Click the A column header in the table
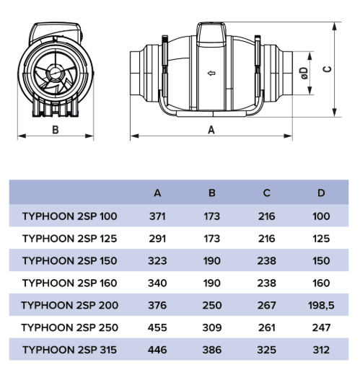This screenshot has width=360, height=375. click(x=157, y=193)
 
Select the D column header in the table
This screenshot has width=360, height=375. click(x=321, y=193)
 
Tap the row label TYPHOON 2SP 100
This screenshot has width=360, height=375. click(x=70, y=216)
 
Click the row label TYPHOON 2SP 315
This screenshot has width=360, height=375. click(x=70, y=350)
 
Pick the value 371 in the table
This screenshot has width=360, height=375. click(x=157, y=216)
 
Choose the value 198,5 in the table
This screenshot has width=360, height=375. click(x=321, y=305)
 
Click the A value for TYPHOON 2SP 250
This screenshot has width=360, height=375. click(x=157, y=327)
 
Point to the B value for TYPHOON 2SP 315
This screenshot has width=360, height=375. click(x=212, y=350)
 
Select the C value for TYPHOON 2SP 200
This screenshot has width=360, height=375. click(x=266, y=305)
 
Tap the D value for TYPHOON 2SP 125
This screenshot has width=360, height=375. click(x=321, y=239)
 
